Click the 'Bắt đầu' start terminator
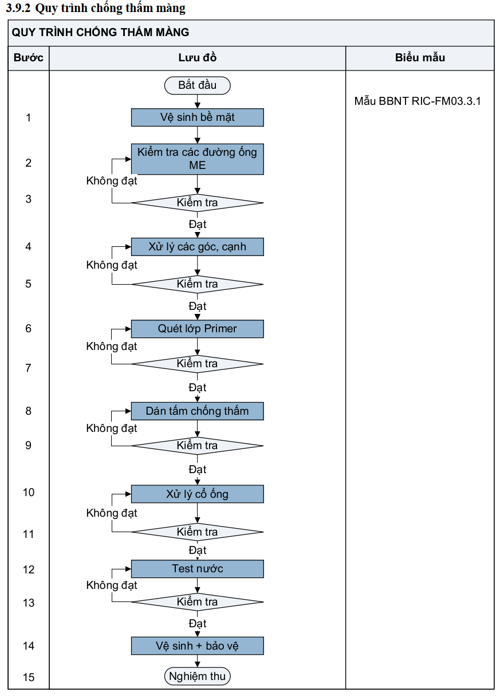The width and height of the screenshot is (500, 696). pyautogui.click(x=198, y=85)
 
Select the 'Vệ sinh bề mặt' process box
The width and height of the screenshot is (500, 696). pyautogui.click(x=198, y=117)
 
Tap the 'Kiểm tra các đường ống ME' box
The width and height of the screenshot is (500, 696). pyautogui.click(x=198, y=159)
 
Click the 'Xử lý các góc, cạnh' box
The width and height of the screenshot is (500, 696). pyautogui.click(x=198, y=247)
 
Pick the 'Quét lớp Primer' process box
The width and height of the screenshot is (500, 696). pyautogui.click(x=198, y=329)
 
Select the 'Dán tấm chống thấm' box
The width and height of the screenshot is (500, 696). pyautogui.click(x=198, y=411)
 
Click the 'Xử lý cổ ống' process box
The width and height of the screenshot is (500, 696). pyautogui.click(x=198, y=494)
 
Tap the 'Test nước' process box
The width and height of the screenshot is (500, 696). pyautogui.click(x=198, y=569)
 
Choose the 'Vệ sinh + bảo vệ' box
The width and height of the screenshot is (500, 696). pyautogui.click(x=198, y=646)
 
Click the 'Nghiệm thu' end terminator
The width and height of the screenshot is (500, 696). pyautogui.click(x=198, y=676)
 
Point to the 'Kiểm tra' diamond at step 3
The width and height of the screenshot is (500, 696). pyautogui.click(x=198, y=203)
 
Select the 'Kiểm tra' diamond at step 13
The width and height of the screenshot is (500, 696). pyautogui.click(x=198, y=602)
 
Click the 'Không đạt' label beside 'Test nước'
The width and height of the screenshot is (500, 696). pyautogui.click(x=112, y=585)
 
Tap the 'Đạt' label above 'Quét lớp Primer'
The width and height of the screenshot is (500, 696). pyautogui.click(x=198, y=306)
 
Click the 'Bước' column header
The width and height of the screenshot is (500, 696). pyautogui.click(x=28, y=58)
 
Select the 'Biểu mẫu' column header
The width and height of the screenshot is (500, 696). pyautogui.click(x=420, y=58)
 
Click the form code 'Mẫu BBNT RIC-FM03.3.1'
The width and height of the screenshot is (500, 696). pyautogui.click(x=418, y=101)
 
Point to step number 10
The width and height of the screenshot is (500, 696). pyautogui.click(x=29, y=492)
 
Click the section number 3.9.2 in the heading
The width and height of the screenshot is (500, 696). pyautogui.click(x=18, y=8)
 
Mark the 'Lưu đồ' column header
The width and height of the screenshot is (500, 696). pyautogui.click(x=198, y=58)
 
